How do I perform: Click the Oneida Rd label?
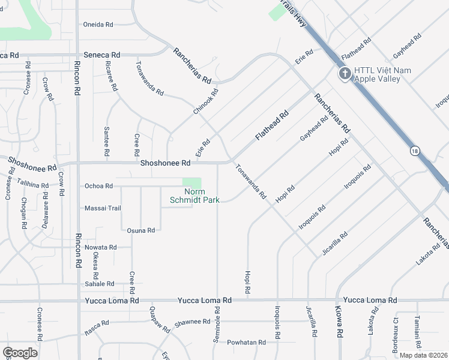(x=98, y=25)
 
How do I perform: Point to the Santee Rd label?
(x=107, y=137)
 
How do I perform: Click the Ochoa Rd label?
(x=98, y=186)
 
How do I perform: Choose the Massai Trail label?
(x=103, y=208)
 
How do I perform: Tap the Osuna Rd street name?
(x=141, y=230)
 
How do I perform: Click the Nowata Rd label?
(x=100, y=247)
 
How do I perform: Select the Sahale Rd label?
(x=99, y=284)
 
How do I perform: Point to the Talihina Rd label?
(x=32, y=185)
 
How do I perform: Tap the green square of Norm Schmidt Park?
(x=192, y=182)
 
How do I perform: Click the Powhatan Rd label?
(x=246, y=342)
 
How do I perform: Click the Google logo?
(x=20, y=353)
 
